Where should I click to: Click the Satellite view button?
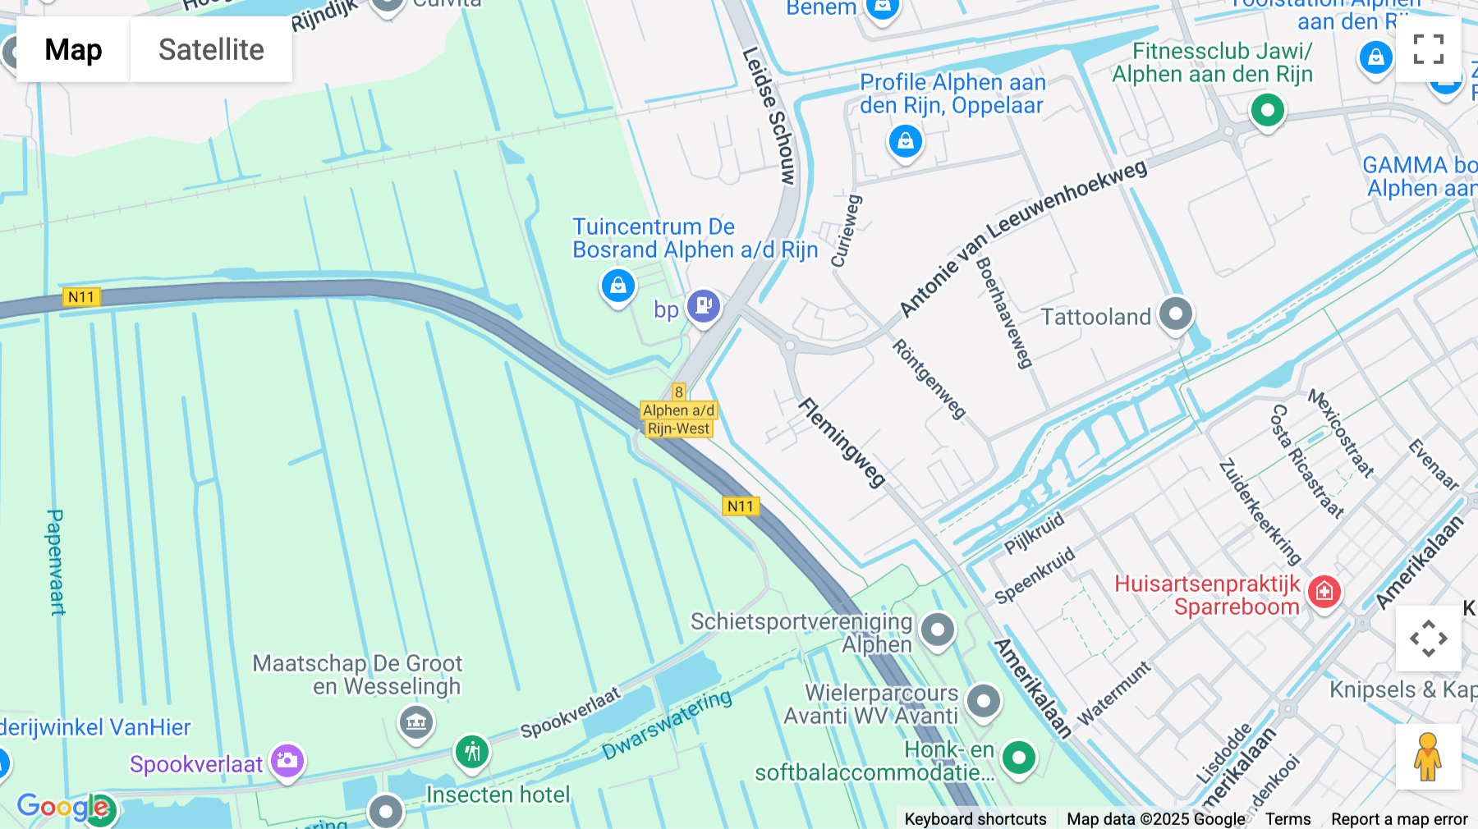point(211,49)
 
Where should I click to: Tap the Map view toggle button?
point(73,49)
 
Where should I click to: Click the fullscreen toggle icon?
point(1428,49)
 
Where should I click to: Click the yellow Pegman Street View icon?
point(1428,757)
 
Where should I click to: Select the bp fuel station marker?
point(704,306)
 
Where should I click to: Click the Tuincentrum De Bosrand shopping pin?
point(617,286)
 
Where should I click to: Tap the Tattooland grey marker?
point(1176,314)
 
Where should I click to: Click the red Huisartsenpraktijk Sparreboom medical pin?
point(1324,591)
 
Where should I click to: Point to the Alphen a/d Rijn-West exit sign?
point(678,419)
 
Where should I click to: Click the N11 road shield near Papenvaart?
point(81,297)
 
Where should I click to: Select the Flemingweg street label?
point(842,442)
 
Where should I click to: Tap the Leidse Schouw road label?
point(769,115)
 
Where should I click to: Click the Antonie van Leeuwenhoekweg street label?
point(1022,238)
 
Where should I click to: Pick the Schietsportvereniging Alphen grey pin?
point(938,630)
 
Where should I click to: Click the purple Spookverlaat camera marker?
point(287,760)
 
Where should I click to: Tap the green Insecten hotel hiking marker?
point(472,751)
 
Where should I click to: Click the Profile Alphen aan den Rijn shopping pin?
point(905,141)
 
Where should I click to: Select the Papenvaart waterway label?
point(55,562)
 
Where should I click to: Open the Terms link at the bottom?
point(1288,818)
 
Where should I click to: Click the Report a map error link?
point(1398,818)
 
